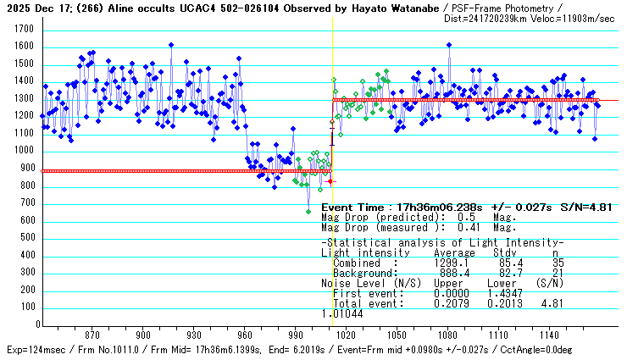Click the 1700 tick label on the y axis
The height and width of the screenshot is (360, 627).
23,29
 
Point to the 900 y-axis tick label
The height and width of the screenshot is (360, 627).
25,169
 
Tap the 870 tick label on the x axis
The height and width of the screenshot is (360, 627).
92,335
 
